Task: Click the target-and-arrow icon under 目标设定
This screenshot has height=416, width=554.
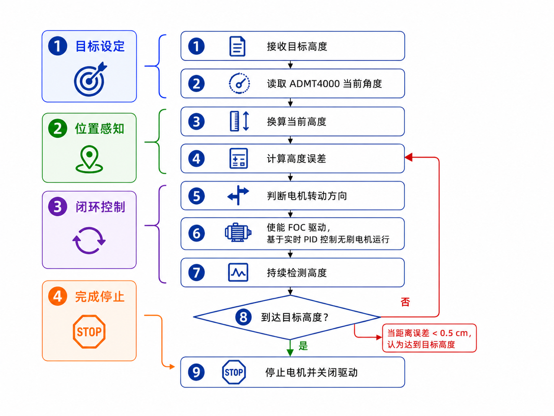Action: click(x=90, y=80)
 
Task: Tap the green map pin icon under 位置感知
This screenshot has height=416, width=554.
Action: click(x=89, y=159)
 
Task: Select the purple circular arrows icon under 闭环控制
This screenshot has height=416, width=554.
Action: click(x=89, y=240)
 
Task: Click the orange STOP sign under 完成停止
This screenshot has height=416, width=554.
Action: click(x=89, y=331)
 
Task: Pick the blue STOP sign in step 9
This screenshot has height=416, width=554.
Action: click(x=234, y=372)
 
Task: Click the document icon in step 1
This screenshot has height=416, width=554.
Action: click(x=237, y=46)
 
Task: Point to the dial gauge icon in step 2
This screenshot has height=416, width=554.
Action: click(x=239, y=84)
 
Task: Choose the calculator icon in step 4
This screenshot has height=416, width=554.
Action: click(x=238, y=158)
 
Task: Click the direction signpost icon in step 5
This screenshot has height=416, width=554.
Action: click(x=238, y=195)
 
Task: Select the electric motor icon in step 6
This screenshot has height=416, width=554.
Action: click(x=238, y=233)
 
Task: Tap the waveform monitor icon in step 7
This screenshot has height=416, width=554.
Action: click(x=238, y=272)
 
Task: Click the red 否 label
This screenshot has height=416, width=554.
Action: click(x=405, y=302)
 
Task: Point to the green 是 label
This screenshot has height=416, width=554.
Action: click(x=303, y=346)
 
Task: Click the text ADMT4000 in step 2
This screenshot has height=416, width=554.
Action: click(x=315, y=84)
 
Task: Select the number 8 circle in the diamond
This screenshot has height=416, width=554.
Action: click(x=243, y=317)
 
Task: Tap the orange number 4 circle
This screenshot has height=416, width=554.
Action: click(x=57, y=296)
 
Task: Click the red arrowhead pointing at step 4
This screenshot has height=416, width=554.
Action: click(x=408, y=157)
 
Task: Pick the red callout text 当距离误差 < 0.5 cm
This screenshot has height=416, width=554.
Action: click(x=429, y=333)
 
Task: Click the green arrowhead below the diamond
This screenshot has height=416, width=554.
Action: click(x=290, y=352)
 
